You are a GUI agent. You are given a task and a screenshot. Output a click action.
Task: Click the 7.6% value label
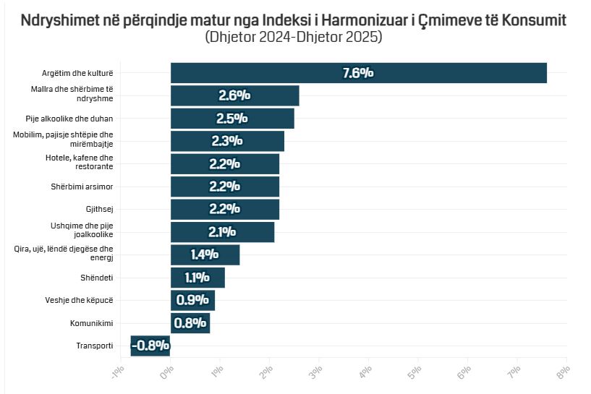click(x=357, y=73)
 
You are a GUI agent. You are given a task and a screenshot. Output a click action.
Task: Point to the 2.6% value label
click(x=234, y=95)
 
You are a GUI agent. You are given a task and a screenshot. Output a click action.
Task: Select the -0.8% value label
click(x=150, y=346)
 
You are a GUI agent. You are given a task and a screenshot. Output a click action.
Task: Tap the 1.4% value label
click(x=205, y=254)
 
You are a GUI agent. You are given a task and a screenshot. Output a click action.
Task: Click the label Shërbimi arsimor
click(x=81, y=187)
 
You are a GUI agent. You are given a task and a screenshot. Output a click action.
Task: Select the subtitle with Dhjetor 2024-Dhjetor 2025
click(x=293, y=36)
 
